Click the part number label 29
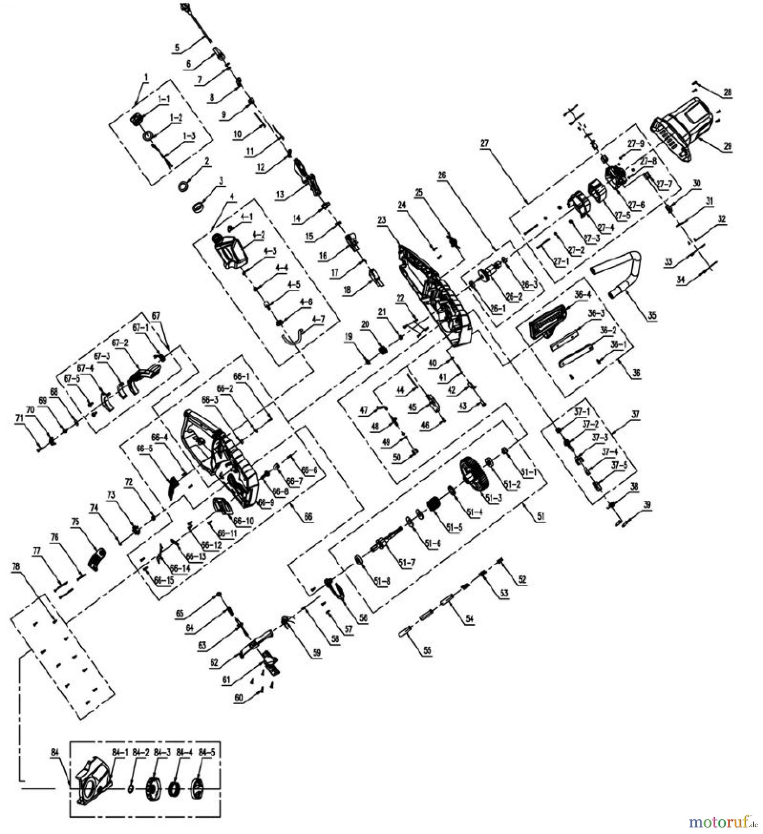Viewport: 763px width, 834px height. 728,146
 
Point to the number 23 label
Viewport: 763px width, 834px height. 382,221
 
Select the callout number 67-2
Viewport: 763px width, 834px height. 118,343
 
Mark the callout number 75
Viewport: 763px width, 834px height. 75,521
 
